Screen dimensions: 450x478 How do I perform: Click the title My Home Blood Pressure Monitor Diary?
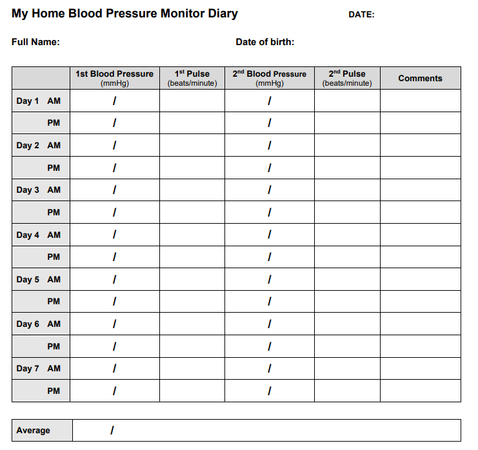pos(124,14)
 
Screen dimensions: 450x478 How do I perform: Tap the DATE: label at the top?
pos(361,15)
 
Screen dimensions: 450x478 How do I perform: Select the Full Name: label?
pos(35,43)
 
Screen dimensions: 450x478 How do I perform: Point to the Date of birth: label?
pos(265,43)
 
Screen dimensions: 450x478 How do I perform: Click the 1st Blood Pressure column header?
pos(114,77)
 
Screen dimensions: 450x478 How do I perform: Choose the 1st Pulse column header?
pos(192,77)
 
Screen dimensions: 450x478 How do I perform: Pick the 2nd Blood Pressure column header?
pos(269,77)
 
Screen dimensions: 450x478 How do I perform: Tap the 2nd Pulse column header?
pos(346,77)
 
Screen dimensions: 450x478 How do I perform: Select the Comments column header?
pos(420,78)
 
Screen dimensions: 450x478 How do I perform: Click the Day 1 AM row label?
pos(39,101)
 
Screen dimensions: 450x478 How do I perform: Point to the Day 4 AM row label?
pos(39,235)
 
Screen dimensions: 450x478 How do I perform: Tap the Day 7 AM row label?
pos(39,368)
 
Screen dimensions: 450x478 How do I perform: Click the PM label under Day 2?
pos(54,168)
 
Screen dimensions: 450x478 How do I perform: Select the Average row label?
pos(34,431)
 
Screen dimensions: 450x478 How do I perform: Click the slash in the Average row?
pos(112,430)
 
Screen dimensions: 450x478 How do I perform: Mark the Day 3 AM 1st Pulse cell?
pos(192,190)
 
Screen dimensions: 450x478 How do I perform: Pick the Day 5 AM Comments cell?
pos(420,279)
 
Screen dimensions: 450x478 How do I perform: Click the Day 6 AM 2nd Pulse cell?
pos(346,324)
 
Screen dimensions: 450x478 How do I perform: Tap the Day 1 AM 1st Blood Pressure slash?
pos(114,101)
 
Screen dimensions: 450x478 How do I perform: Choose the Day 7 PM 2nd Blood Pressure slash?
pos(269,391)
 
